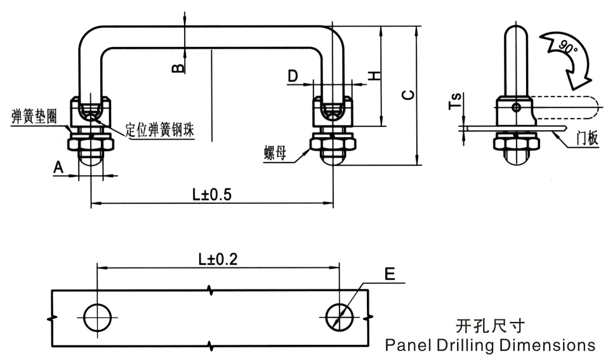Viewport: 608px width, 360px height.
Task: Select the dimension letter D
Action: [x=292, y=76]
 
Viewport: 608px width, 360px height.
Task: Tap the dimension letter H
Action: [x=375, y=76]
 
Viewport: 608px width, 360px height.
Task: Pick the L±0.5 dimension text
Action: [x=211, y=194]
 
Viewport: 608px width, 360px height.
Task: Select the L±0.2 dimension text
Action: [x=219, y=259]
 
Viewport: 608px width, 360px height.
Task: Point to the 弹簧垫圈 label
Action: [x=35, y=116]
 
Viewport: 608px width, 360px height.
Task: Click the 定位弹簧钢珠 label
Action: [x=159, y=130]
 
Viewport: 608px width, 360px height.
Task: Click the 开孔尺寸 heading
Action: [x=490, y=327]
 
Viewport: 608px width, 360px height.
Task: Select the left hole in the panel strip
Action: [x=98, y=316]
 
